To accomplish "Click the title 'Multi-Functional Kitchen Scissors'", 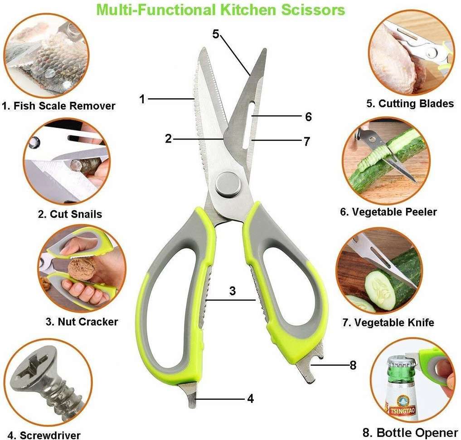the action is [220, 10].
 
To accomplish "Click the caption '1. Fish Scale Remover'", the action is [58, 105].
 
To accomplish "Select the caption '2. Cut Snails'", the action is [70, 214].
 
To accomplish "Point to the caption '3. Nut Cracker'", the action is [82, 322].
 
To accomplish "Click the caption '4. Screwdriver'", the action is [44, 435].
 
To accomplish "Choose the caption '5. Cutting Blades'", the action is [410, 104].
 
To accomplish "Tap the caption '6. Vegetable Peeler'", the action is [388, 212].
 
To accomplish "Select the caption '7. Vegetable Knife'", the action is [388, 323].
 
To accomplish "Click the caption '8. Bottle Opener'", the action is [410, 432].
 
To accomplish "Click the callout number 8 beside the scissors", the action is [353, 365].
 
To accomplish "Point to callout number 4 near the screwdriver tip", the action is [250, 399].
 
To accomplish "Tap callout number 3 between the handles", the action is [233, 291].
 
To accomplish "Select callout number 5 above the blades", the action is [216, 34].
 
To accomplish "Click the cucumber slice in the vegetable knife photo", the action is [379, 287].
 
